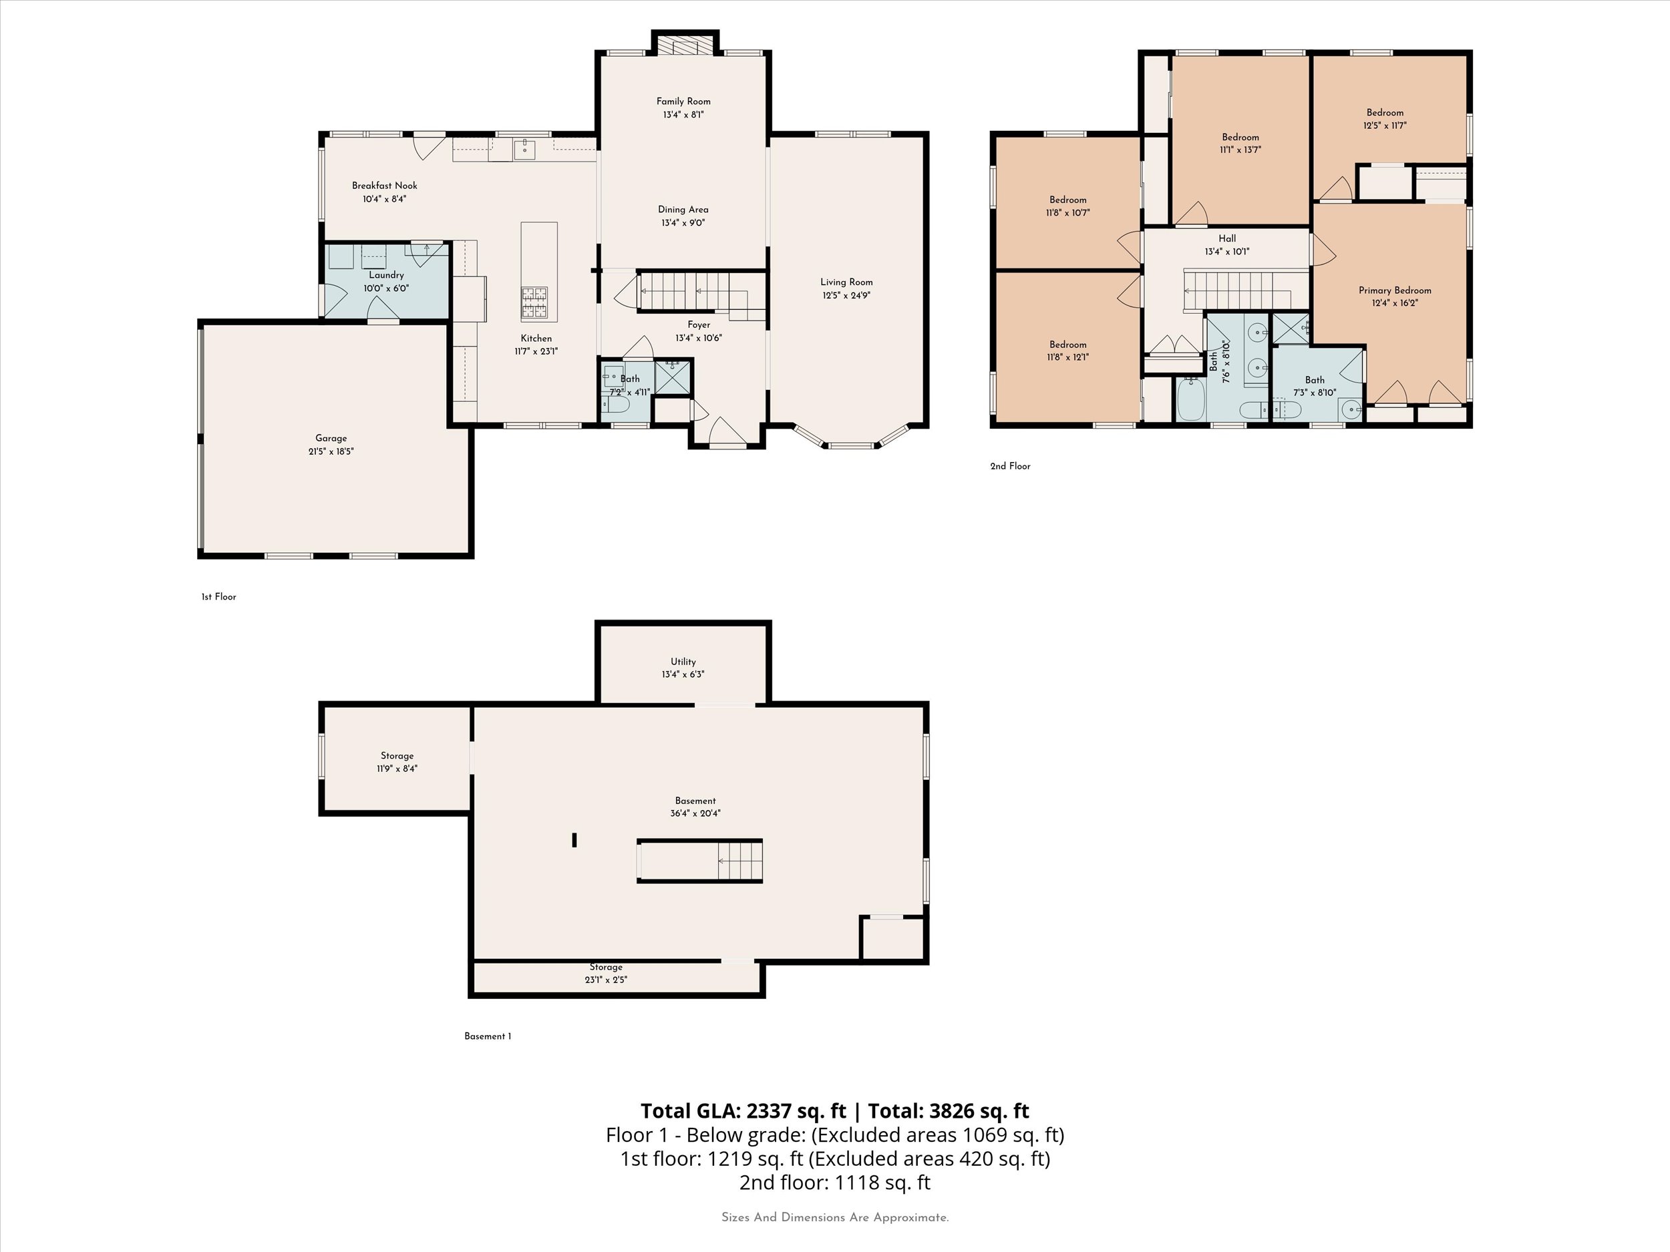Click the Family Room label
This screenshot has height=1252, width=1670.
click(x=683, y=101)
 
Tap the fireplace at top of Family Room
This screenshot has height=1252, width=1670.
click(x=685, y=45)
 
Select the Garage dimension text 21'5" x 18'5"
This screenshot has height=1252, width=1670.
click(x=331, y=451)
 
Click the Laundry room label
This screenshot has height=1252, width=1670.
click(x=386, y=274)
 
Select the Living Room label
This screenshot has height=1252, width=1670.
click(x=846, y=282)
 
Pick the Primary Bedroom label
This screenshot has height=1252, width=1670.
click(x=1394, y=290)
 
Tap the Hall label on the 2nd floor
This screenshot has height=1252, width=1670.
click(x=1227, y=238)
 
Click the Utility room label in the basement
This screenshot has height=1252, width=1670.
click(x=683, y=662)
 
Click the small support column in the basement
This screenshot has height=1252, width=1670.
click(x=574, y=839)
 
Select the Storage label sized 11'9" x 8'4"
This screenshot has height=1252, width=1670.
click(x=396, y=756)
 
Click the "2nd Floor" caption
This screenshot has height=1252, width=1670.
click(x=1009, y=466)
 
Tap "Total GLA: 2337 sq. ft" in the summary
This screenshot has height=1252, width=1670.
click(x=743, y=1111)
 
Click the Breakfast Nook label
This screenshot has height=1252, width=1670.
click(x=384, y=186)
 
